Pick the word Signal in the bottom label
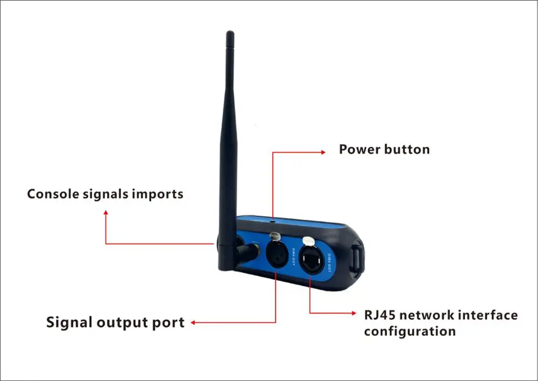pos(69,323)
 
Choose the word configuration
pos(409,331)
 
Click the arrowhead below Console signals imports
pos(106,212)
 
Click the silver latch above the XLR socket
pos(275,235)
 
